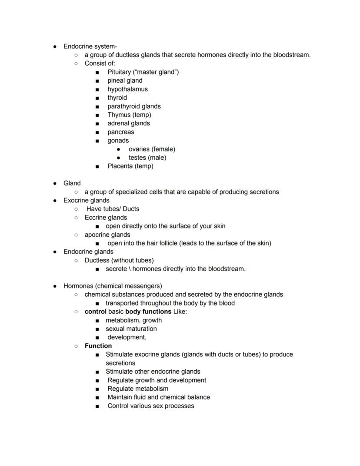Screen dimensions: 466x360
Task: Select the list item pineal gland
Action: (x=125, y=80)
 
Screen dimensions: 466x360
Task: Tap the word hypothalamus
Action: (x=127, y=89)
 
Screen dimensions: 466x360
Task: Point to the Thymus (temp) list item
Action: (x=129, y=115)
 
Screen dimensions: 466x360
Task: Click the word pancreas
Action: (x=121, y=132)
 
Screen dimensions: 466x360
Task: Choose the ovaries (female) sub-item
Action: (x=152, y=149)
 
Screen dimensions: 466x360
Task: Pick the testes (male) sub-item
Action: (x=147, y=158)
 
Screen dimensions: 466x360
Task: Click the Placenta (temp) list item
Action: (x=130, y=166)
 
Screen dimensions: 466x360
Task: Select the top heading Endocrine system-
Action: (x=90, y=46)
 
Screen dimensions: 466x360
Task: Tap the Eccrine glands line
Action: (x=106, y=218)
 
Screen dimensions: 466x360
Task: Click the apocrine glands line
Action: (x=107, y=235)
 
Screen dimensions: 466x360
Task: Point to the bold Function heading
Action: (x=98, y=346)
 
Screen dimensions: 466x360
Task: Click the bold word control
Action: (x=95, y=312)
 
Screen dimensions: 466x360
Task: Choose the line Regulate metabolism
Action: (x=138, y=389)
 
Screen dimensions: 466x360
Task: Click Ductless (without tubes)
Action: (x=119, y=260)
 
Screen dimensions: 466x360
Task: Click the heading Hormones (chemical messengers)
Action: (x=113, y=286)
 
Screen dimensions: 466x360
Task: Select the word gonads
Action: (x=118, y=141)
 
